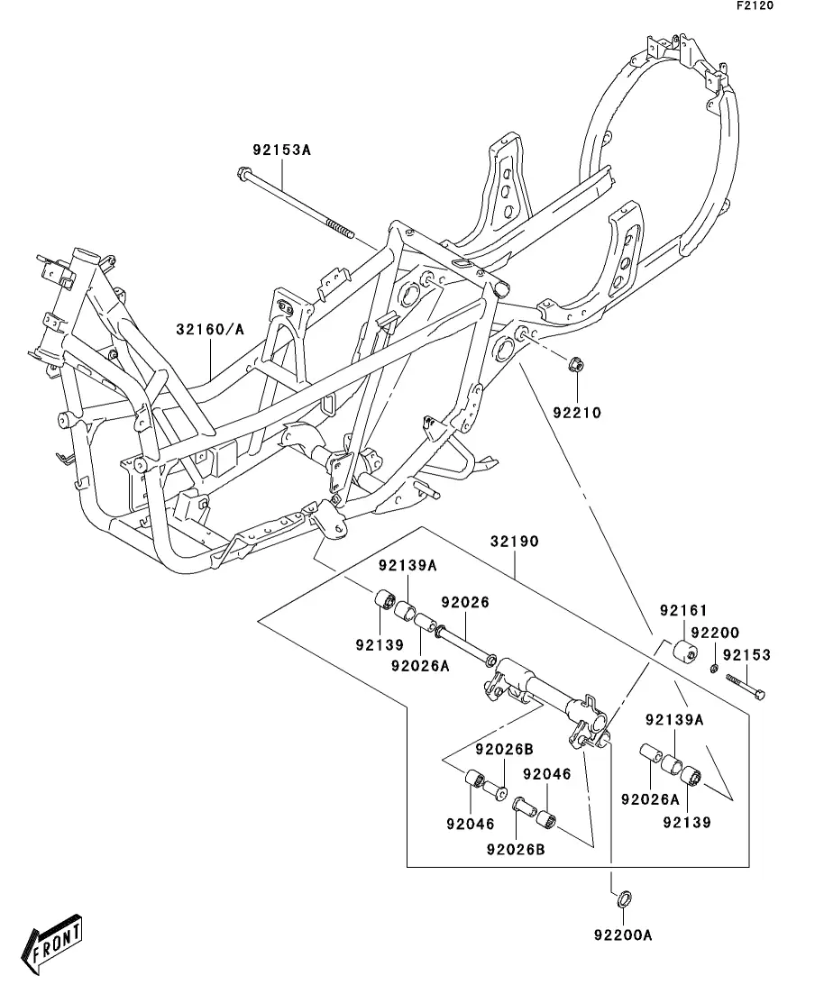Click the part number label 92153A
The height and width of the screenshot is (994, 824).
281,150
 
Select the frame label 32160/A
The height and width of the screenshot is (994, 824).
210,330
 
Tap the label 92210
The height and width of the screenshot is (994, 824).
577,413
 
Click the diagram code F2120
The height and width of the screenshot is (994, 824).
755,5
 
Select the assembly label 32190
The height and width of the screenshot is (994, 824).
515,542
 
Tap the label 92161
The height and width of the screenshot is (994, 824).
683,610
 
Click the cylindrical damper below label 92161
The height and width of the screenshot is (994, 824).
684,651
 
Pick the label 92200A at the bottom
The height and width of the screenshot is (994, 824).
623,935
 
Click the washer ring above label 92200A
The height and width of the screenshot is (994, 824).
624,898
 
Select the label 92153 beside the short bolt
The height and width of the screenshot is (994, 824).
746,655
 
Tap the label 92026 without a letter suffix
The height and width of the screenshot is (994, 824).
465,602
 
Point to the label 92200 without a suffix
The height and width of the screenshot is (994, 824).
715,633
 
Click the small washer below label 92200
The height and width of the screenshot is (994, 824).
714,668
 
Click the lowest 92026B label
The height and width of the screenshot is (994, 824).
516,850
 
